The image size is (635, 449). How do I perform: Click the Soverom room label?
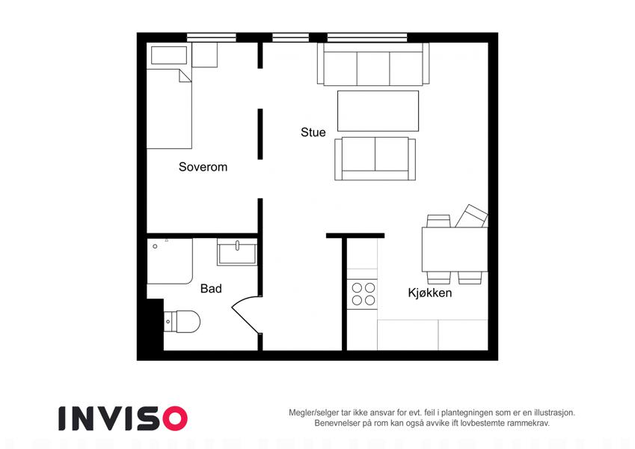203,167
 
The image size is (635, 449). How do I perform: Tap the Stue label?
313,132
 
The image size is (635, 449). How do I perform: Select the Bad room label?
211,289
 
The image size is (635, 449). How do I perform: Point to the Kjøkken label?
430,293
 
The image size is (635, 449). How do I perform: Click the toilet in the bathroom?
182,321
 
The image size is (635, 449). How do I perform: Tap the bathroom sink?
237,252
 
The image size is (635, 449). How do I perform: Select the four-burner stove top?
363,294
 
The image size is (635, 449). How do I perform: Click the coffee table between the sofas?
378,111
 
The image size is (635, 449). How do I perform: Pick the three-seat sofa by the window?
373,64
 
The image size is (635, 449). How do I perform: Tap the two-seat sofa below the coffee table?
375,159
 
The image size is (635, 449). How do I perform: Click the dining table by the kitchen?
455,249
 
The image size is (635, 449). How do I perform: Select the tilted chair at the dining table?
471,216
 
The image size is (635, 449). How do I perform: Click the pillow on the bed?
169,55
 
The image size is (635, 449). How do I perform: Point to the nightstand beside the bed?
204,55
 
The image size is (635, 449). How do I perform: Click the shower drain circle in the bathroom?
155,246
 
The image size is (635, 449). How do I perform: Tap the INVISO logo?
123,418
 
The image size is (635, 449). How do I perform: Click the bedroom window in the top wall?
212,37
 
